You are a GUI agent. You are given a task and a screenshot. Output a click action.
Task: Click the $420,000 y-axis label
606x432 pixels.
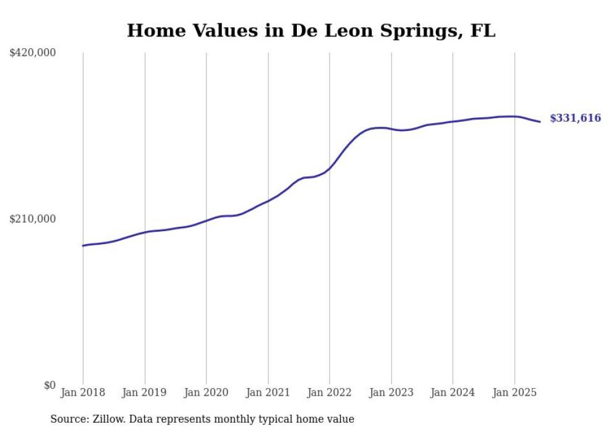32,53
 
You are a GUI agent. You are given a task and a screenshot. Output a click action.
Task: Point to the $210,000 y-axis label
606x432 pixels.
32,219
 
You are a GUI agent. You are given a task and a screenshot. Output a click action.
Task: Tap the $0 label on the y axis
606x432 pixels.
49,385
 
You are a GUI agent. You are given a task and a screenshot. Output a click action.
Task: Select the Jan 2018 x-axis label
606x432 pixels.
83,392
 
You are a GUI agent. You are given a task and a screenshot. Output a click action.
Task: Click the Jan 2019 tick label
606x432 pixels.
145,392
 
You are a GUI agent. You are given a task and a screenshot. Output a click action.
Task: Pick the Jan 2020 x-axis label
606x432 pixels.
206,392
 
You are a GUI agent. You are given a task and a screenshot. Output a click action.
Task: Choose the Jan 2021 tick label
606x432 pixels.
268,392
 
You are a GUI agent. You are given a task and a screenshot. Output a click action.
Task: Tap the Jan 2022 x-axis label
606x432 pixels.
330,392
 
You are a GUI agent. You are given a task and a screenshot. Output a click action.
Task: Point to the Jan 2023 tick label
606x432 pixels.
391,392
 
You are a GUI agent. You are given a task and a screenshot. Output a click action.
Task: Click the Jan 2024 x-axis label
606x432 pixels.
453,392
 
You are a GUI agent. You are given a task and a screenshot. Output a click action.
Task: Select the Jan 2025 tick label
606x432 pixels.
514,392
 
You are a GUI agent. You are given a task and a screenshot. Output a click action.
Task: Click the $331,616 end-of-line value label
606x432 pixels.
575,118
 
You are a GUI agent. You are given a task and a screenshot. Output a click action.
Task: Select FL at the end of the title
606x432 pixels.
483,31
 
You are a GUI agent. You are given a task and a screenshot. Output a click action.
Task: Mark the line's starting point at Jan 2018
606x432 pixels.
83,246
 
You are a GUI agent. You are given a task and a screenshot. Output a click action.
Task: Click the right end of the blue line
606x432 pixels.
540,122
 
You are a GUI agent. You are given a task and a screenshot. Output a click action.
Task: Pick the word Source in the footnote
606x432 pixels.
69,419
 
